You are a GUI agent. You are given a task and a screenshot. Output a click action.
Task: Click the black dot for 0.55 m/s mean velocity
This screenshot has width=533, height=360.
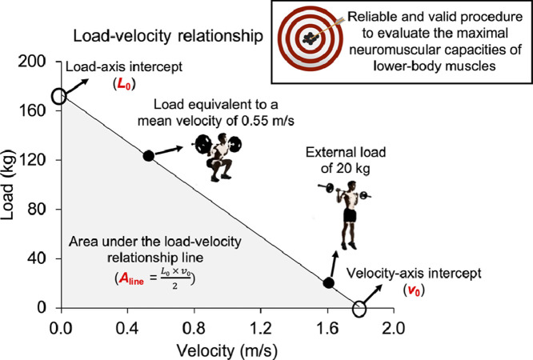148,155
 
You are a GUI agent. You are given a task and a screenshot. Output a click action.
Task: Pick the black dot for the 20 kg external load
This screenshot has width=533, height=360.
328,283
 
